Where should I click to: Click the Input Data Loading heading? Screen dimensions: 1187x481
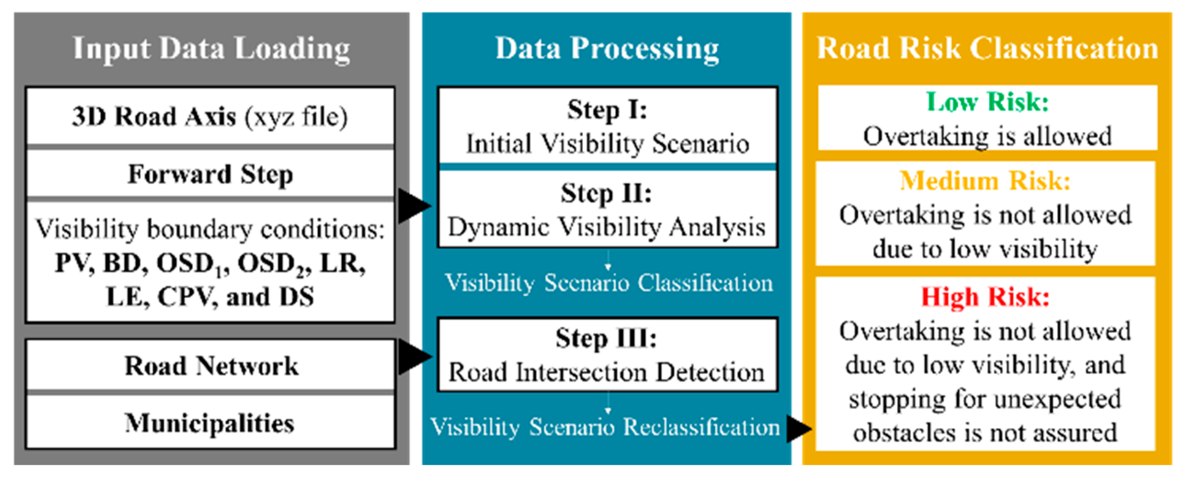pyautogui.click(x=211, y=49)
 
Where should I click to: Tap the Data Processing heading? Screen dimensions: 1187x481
pyautogui.click(x=607, y=49)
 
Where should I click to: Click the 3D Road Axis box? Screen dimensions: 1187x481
pyautogui.click(x=210, y=116)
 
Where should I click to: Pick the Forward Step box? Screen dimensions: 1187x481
pyautogui.click(x=210, y=174)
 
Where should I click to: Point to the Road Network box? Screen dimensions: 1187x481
pyautogui.click(x=210, y=365)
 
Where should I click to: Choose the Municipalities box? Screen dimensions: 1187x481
pyautogui.click(x=210, y=422)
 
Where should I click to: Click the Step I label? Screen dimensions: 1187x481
pyautogui.click(x=607, y=109)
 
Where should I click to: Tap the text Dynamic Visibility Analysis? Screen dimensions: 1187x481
pyautogui.click(x=607, y=227)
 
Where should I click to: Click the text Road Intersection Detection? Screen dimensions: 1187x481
pyautogui.click(x=607, y=372)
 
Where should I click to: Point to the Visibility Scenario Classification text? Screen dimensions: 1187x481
pyautogui.click(x=609, y=283)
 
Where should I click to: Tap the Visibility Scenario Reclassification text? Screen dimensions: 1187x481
pyautogui.click(x=605, y=427)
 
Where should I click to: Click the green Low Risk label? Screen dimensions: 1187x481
pyautogui.click(x=987, y=102)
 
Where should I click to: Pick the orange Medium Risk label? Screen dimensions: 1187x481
pyautogui.click(x=985, y=181)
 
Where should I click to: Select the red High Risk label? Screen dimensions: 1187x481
pyautogui.click(x=985, y=296)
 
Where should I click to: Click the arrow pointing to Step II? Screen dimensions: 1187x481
pyautogui.click(x=414, y=206)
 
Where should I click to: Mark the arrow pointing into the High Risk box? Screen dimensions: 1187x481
pyautogui.click(x=799, y=429)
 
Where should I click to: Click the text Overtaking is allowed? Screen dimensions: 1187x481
pyautogui.click(x=987, y=136)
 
